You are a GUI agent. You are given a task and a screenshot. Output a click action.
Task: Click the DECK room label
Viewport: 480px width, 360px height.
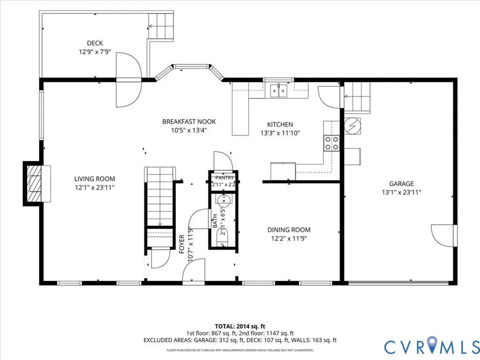click(95, 43)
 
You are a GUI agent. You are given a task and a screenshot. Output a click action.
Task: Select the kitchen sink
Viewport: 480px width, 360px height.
click(279, 90)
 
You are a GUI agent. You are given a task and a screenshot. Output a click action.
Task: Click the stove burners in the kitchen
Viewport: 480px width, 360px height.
click(331, 143)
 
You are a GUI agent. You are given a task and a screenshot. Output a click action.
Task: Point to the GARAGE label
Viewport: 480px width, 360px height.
click(401, 184)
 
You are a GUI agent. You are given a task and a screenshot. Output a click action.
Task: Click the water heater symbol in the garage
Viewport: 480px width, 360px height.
click(352, 126)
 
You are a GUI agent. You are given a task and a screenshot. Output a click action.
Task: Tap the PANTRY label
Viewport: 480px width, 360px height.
click(225, 178)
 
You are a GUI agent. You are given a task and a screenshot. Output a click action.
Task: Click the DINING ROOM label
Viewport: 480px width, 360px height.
click(289, 230)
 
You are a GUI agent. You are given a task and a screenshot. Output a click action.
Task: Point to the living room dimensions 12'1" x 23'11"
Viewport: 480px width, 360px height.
click(95, 187)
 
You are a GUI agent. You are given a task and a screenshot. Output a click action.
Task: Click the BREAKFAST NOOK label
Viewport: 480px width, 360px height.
click(189, 121)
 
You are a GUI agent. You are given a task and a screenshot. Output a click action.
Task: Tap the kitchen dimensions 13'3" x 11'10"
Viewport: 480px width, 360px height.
click(280, 133)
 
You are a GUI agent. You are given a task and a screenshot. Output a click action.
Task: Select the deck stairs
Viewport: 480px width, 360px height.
click(161, 26)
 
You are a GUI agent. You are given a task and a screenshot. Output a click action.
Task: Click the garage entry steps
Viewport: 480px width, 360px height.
click(357, 97)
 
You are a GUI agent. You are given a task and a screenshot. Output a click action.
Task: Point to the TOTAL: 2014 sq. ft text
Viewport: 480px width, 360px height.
click(240, 326)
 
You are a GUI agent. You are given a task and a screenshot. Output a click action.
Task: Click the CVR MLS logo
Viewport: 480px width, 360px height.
click(432, 346)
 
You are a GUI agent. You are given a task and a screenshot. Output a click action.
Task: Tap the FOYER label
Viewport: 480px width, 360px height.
click(182, 244)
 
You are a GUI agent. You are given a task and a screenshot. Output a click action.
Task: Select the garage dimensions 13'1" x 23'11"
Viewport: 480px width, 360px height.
click(401, 192)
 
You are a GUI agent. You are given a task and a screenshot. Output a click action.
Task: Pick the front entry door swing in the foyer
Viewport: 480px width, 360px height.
click(194, 270)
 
